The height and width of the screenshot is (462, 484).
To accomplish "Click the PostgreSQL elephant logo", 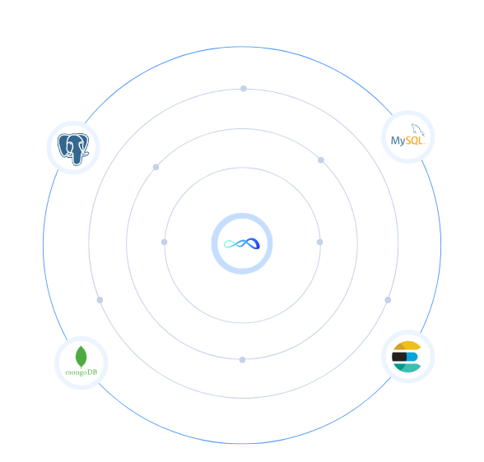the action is tap(73, 149).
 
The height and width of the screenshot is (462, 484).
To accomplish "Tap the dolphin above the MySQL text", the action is tap(418, 130).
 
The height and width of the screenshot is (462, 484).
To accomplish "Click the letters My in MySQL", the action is tap(398, 141).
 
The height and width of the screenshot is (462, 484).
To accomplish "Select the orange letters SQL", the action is tap(413, 141).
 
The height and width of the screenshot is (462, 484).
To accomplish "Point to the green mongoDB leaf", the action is tap(81, 357).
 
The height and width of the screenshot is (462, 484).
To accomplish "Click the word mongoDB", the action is tap(81, 372).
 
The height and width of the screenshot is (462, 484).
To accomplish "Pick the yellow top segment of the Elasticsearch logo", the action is tap(407, 346).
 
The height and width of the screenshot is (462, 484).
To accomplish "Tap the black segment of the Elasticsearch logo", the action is tap(399, 357).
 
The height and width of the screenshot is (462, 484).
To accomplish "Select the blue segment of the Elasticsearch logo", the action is tap(412, 357).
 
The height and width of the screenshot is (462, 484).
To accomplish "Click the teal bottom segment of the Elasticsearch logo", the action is tap(407, 367).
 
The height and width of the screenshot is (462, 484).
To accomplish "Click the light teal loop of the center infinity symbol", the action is tap(230, 244).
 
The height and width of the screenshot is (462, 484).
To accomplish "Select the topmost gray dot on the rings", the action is tap(244, 89).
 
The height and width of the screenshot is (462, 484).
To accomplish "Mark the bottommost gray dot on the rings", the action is tap(242, 360).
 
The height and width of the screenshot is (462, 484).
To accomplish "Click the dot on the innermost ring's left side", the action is tap(165, 242).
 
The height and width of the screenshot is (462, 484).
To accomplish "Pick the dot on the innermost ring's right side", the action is tap(319, 242).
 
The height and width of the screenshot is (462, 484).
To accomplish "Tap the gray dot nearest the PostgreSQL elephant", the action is tap(156, 167).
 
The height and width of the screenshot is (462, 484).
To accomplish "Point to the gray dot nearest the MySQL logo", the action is tap(321, 160).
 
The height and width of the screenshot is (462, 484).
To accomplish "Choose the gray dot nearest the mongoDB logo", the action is tap(100, 300).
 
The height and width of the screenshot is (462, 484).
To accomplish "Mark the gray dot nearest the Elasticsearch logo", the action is tap(388, 300).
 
